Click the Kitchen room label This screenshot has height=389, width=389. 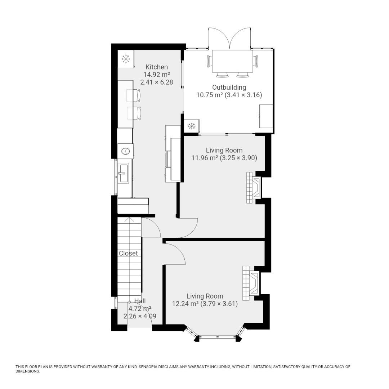pos(157,67)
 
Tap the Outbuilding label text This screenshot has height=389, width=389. pos(229,88)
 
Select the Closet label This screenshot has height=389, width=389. pos(128,253)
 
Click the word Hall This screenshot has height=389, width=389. pos(140,301)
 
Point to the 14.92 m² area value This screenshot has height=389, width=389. pos(157,75)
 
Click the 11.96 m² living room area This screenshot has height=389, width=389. pos(205,158)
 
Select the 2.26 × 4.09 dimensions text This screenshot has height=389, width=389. pos(140,316)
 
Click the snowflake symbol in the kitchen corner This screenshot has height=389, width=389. pos(126,59)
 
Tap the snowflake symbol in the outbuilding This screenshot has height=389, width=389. pos(191,126)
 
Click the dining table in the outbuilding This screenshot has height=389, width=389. pos(232,61)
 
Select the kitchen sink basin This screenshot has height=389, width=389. pos(123,173)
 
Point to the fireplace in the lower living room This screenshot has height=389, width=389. pos(251,283)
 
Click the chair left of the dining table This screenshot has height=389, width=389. pos(210,61)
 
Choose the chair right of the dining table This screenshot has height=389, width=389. pos(255,61)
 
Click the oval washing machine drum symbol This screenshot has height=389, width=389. pos(126,151)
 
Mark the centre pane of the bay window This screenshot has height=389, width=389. pos(217,337)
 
